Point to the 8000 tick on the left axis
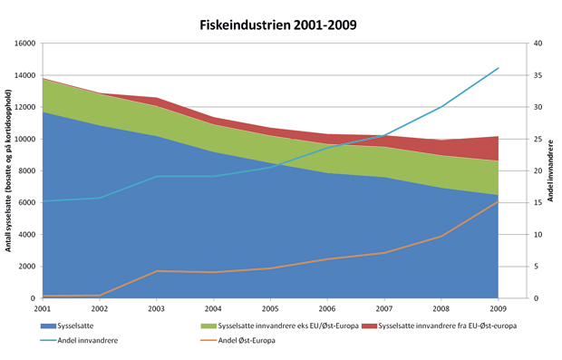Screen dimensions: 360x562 click(x=24, y=170)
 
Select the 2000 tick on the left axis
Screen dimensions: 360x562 click(x=24, y=267)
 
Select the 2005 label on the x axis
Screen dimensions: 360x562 click(x=270, y=309)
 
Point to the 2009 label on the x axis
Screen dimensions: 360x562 click(x=498, y=309)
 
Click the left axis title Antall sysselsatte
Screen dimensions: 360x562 click(x=8, y=170)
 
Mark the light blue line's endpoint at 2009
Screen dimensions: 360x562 click(x=498, y=68)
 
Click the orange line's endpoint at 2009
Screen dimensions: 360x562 click(x=498, y=201)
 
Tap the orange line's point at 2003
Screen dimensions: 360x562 click(x=157, y=271)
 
